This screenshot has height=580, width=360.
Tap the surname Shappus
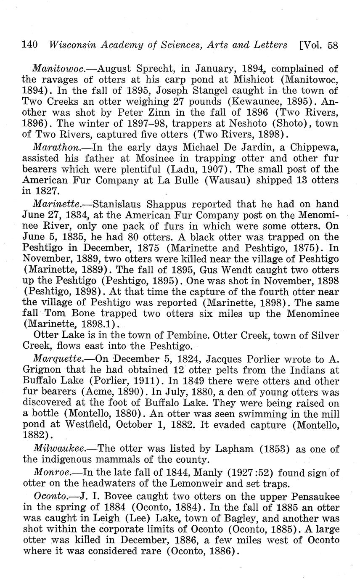tap(169, 204)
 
